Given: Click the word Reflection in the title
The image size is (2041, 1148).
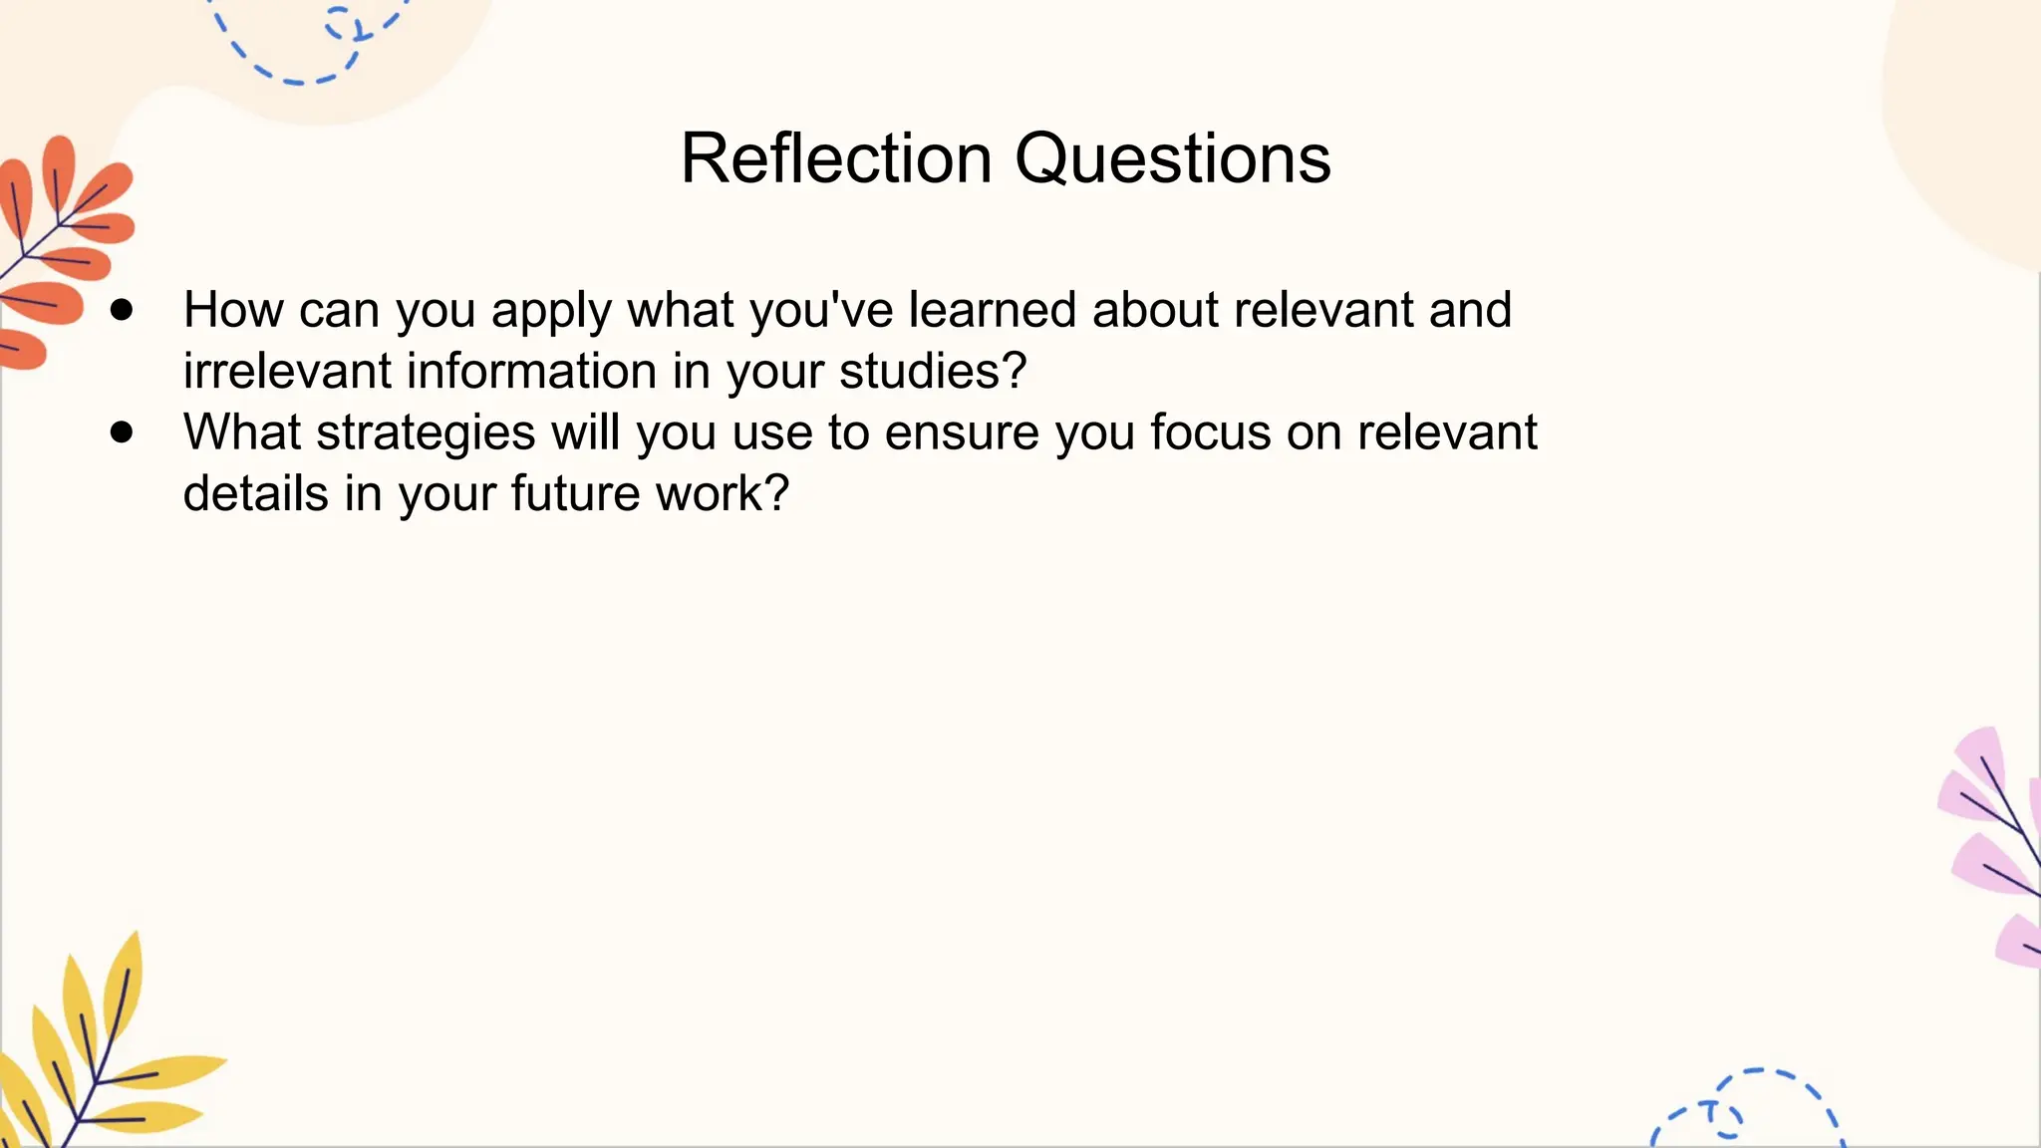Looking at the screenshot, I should [835, 158].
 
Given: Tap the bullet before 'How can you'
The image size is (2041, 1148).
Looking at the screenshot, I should [122, 310].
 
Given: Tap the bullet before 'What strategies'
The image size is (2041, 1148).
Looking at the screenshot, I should [122, 432].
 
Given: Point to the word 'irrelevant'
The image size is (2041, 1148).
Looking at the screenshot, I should [287, 371].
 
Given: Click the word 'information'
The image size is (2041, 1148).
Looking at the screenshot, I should [531, 371].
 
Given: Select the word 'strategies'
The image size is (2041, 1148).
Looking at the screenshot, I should [426, 433].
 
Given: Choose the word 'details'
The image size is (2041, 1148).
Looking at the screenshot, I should [256, 494].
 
